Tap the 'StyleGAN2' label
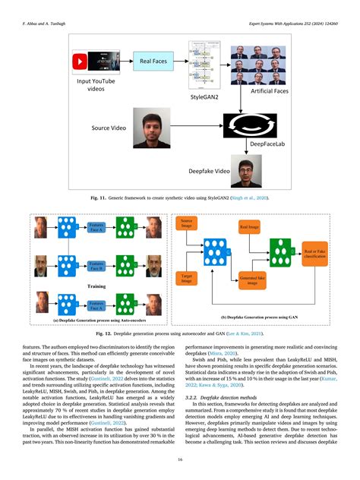[x=204, y=97]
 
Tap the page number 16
[x=180, y=460]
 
